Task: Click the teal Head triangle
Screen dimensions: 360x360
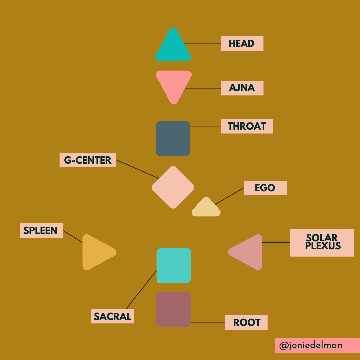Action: click(x=173, y=48)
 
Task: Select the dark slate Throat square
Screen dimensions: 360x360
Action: click(x=173, y=138)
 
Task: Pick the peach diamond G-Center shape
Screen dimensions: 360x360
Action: click(x=173, y=187)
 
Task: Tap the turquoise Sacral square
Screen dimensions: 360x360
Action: click(x=174, y=265)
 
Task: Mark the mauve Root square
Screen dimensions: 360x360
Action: click(x=173, y=309)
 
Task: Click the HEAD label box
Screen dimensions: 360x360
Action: click(x=242, y=44)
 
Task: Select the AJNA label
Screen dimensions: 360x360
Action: click(x=242, y=88)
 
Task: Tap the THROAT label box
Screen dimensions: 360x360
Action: click(x=247, y=126)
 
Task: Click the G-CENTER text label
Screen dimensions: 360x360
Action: click(x=88, y=160)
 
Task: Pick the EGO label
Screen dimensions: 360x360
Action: click(x=265, y=188)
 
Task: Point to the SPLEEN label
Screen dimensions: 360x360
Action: click(x=41, y=230)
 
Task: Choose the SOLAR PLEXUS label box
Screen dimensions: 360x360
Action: click(x=322, y=243)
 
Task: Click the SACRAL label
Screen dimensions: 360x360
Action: click(x=112, y=316)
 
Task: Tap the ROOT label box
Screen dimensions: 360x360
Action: click(x=246, y=322)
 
